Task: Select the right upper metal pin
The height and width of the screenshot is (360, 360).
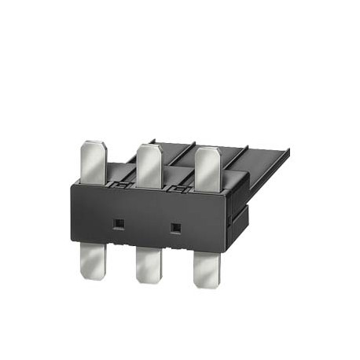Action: pyautogui.click(x=206, y=166)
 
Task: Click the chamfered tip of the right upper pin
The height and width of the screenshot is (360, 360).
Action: pyautogui.click(x=207, y=149)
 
